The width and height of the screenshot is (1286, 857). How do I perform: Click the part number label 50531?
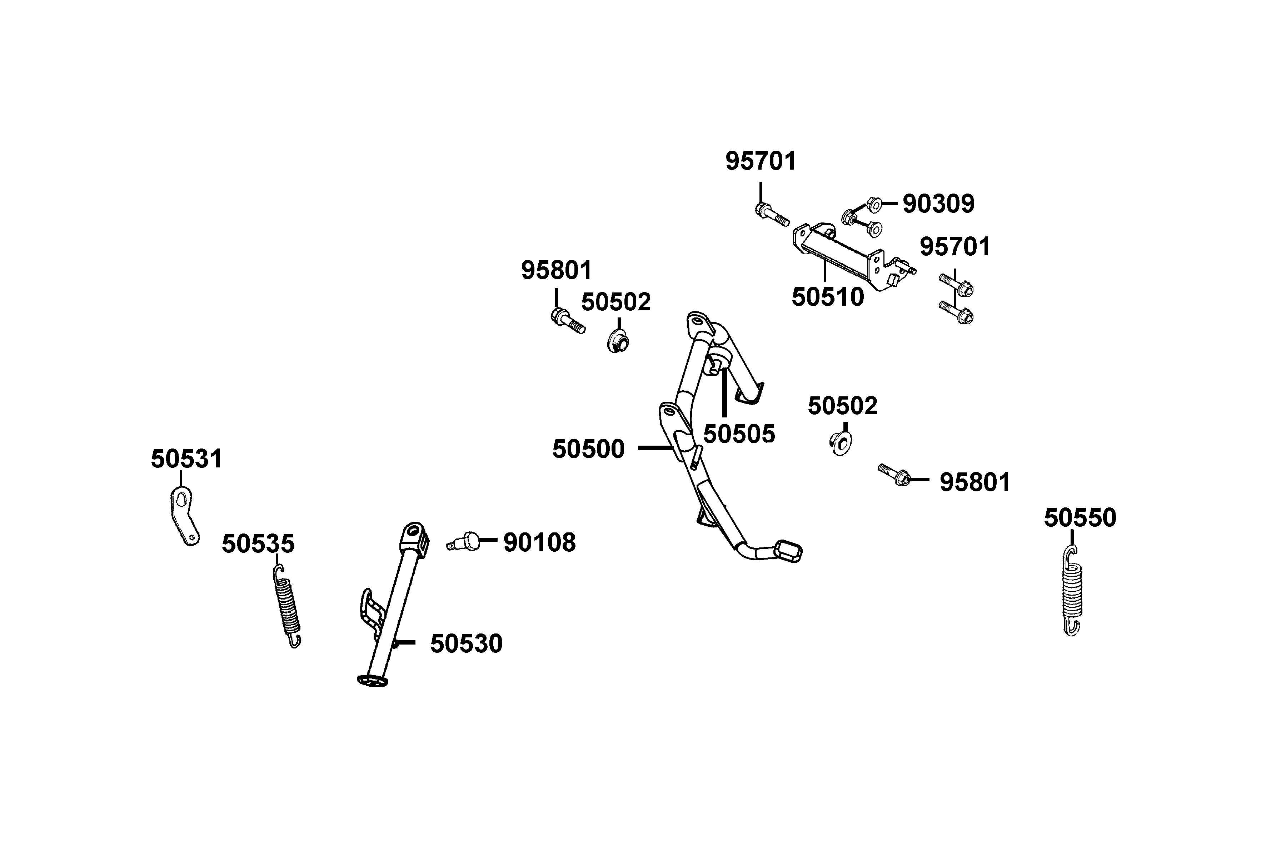pyautogui.click(x=186, y=459)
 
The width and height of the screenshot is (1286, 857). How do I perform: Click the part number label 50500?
pyautogui.click(x=588, y=449)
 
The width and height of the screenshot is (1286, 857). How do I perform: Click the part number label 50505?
pyautogui.click(x=739, y=435)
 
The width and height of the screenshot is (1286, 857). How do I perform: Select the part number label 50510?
pyautogui.click(x=827, y=297)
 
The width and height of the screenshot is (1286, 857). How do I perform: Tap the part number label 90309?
pyautogui.click(x=938, y=204)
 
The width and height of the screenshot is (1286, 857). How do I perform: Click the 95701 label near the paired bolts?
pyautogui.click(x=954, y=247)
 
